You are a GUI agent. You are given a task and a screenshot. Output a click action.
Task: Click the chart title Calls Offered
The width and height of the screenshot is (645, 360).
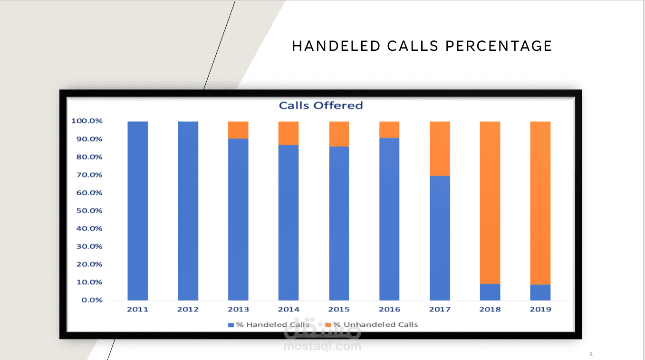pos(320,106)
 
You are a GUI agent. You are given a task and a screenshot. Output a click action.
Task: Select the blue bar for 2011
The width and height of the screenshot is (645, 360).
pos(138,211)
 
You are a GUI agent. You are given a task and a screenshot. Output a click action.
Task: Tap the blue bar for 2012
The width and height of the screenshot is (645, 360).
pos(188,211)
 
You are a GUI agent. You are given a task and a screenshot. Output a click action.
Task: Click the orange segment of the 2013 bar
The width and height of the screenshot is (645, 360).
pos(238,130)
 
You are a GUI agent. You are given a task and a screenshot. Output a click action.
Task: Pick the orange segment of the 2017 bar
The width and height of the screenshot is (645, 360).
pos(440,148)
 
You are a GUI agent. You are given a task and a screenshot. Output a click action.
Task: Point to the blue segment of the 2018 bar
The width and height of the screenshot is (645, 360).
pos(490,292)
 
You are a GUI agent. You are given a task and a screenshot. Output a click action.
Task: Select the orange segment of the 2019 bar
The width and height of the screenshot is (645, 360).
pos(540,203)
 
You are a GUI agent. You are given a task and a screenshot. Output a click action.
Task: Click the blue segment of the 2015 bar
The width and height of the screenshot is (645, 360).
pos(339,223)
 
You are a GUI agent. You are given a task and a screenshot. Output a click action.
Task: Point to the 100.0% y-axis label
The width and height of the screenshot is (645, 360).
pos(87,121)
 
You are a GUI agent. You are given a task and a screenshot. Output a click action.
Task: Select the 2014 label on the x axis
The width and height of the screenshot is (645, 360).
pos(289,310)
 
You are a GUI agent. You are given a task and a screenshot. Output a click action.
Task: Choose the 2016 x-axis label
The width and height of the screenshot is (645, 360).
pos(389,310)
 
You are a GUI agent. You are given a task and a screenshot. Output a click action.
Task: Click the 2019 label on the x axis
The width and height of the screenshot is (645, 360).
pos(540,310)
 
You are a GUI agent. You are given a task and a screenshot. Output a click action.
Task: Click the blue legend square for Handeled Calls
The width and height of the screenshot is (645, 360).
pos(231,325)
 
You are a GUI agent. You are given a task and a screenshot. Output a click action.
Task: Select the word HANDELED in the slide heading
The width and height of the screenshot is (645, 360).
pos(337,46)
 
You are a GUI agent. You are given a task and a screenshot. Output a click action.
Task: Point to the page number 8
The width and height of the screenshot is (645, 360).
pos(591,354)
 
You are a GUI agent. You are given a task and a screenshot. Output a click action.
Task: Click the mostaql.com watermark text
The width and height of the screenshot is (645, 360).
pos(322,346)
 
